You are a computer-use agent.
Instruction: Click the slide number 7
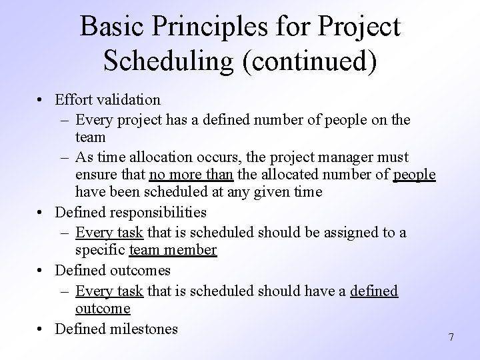tap(451, 337)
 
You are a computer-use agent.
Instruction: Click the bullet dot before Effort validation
tap(41, 101)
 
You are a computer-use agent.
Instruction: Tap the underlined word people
tap(414, 175)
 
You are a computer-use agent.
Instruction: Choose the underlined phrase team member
tap(173, 251)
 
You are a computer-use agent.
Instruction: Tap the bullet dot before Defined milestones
tap(41, 329)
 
